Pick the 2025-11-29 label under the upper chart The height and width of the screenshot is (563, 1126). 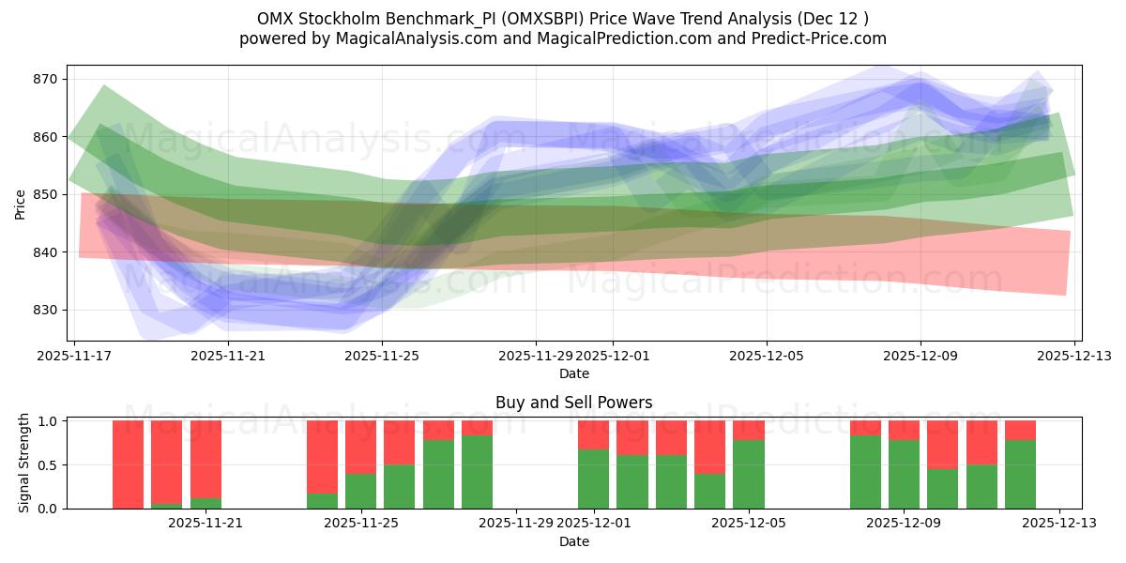coord(536,357)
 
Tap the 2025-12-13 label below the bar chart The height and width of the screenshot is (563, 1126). coord(1059,524)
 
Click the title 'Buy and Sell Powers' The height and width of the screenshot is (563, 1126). coord(573,403)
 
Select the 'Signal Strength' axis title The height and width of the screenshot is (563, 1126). coord(24,463)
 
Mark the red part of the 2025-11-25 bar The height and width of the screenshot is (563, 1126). coord(360,447)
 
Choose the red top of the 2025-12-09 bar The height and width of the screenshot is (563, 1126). coord(904,430)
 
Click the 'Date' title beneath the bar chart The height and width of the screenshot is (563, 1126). coord(573,541)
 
